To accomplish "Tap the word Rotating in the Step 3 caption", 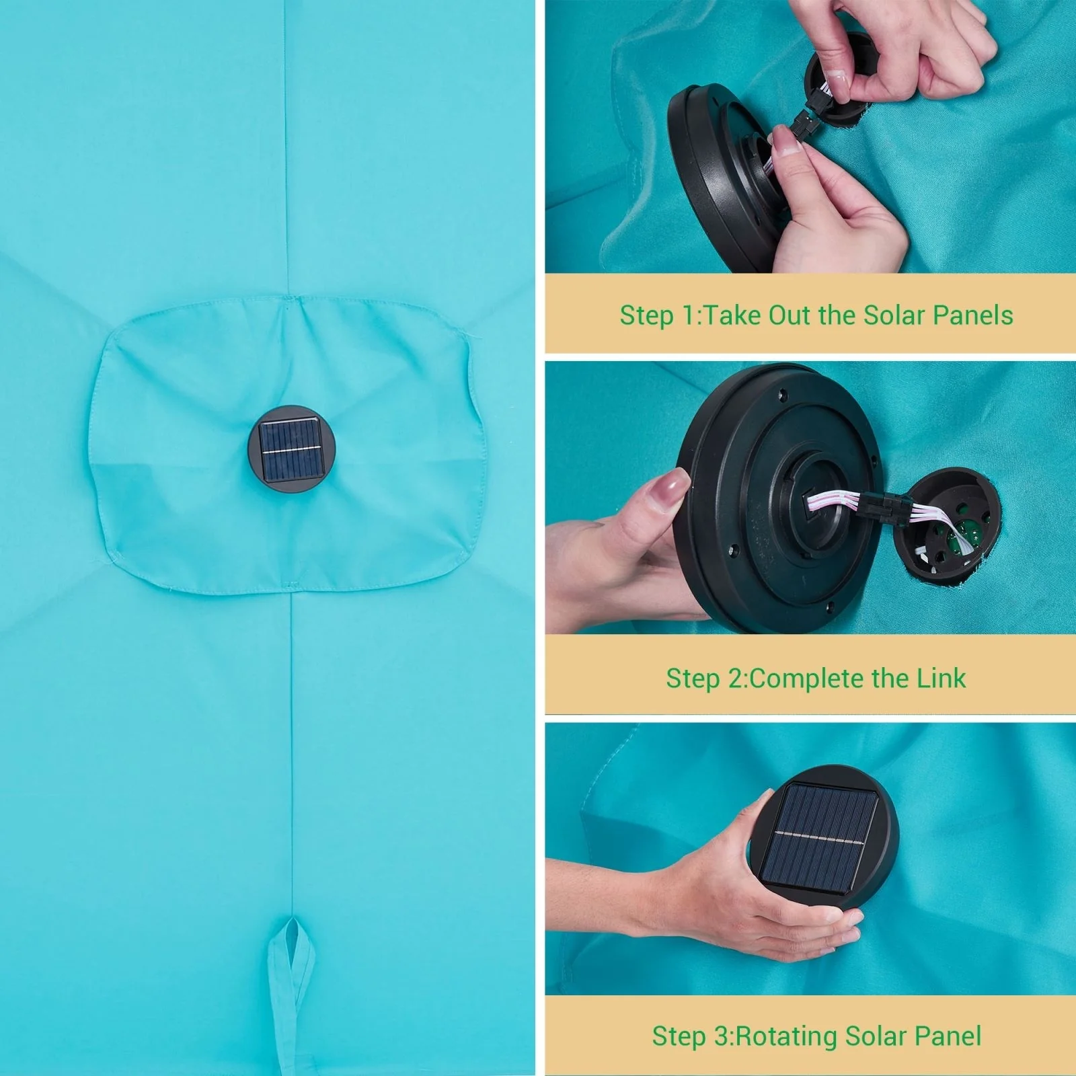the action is pyautogui.click(x=787, y=1036).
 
